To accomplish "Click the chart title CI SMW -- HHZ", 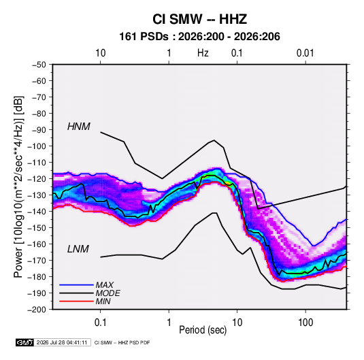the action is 199,19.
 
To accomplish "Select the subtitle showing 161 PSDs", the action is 199,37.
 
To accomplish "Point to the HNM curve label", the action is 79,127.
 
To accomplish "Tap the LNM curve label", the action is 78,249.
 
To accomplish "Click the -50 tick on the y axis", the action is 39,65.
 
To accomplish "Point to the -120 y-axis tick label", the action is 37,179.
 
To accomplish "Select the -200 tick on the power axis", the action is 37,310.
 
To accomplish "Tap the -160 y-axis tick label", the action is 37,244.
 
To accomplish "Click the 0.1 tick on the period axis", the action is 100,323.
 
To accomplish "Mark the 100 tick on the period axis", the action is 305,323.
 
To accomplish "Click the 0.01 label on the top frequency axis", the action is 305,53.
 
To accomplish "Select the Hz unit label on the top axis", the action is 203,53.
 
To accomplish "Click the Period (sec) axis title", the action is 203,330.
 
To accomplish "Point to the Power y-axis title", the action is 18,187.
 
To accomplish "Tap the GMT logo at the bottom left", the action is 24,342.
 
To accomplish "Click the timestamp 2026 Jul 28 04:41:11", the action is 62,342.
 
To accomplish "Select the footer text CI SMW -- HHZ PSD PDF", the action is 122,342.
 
